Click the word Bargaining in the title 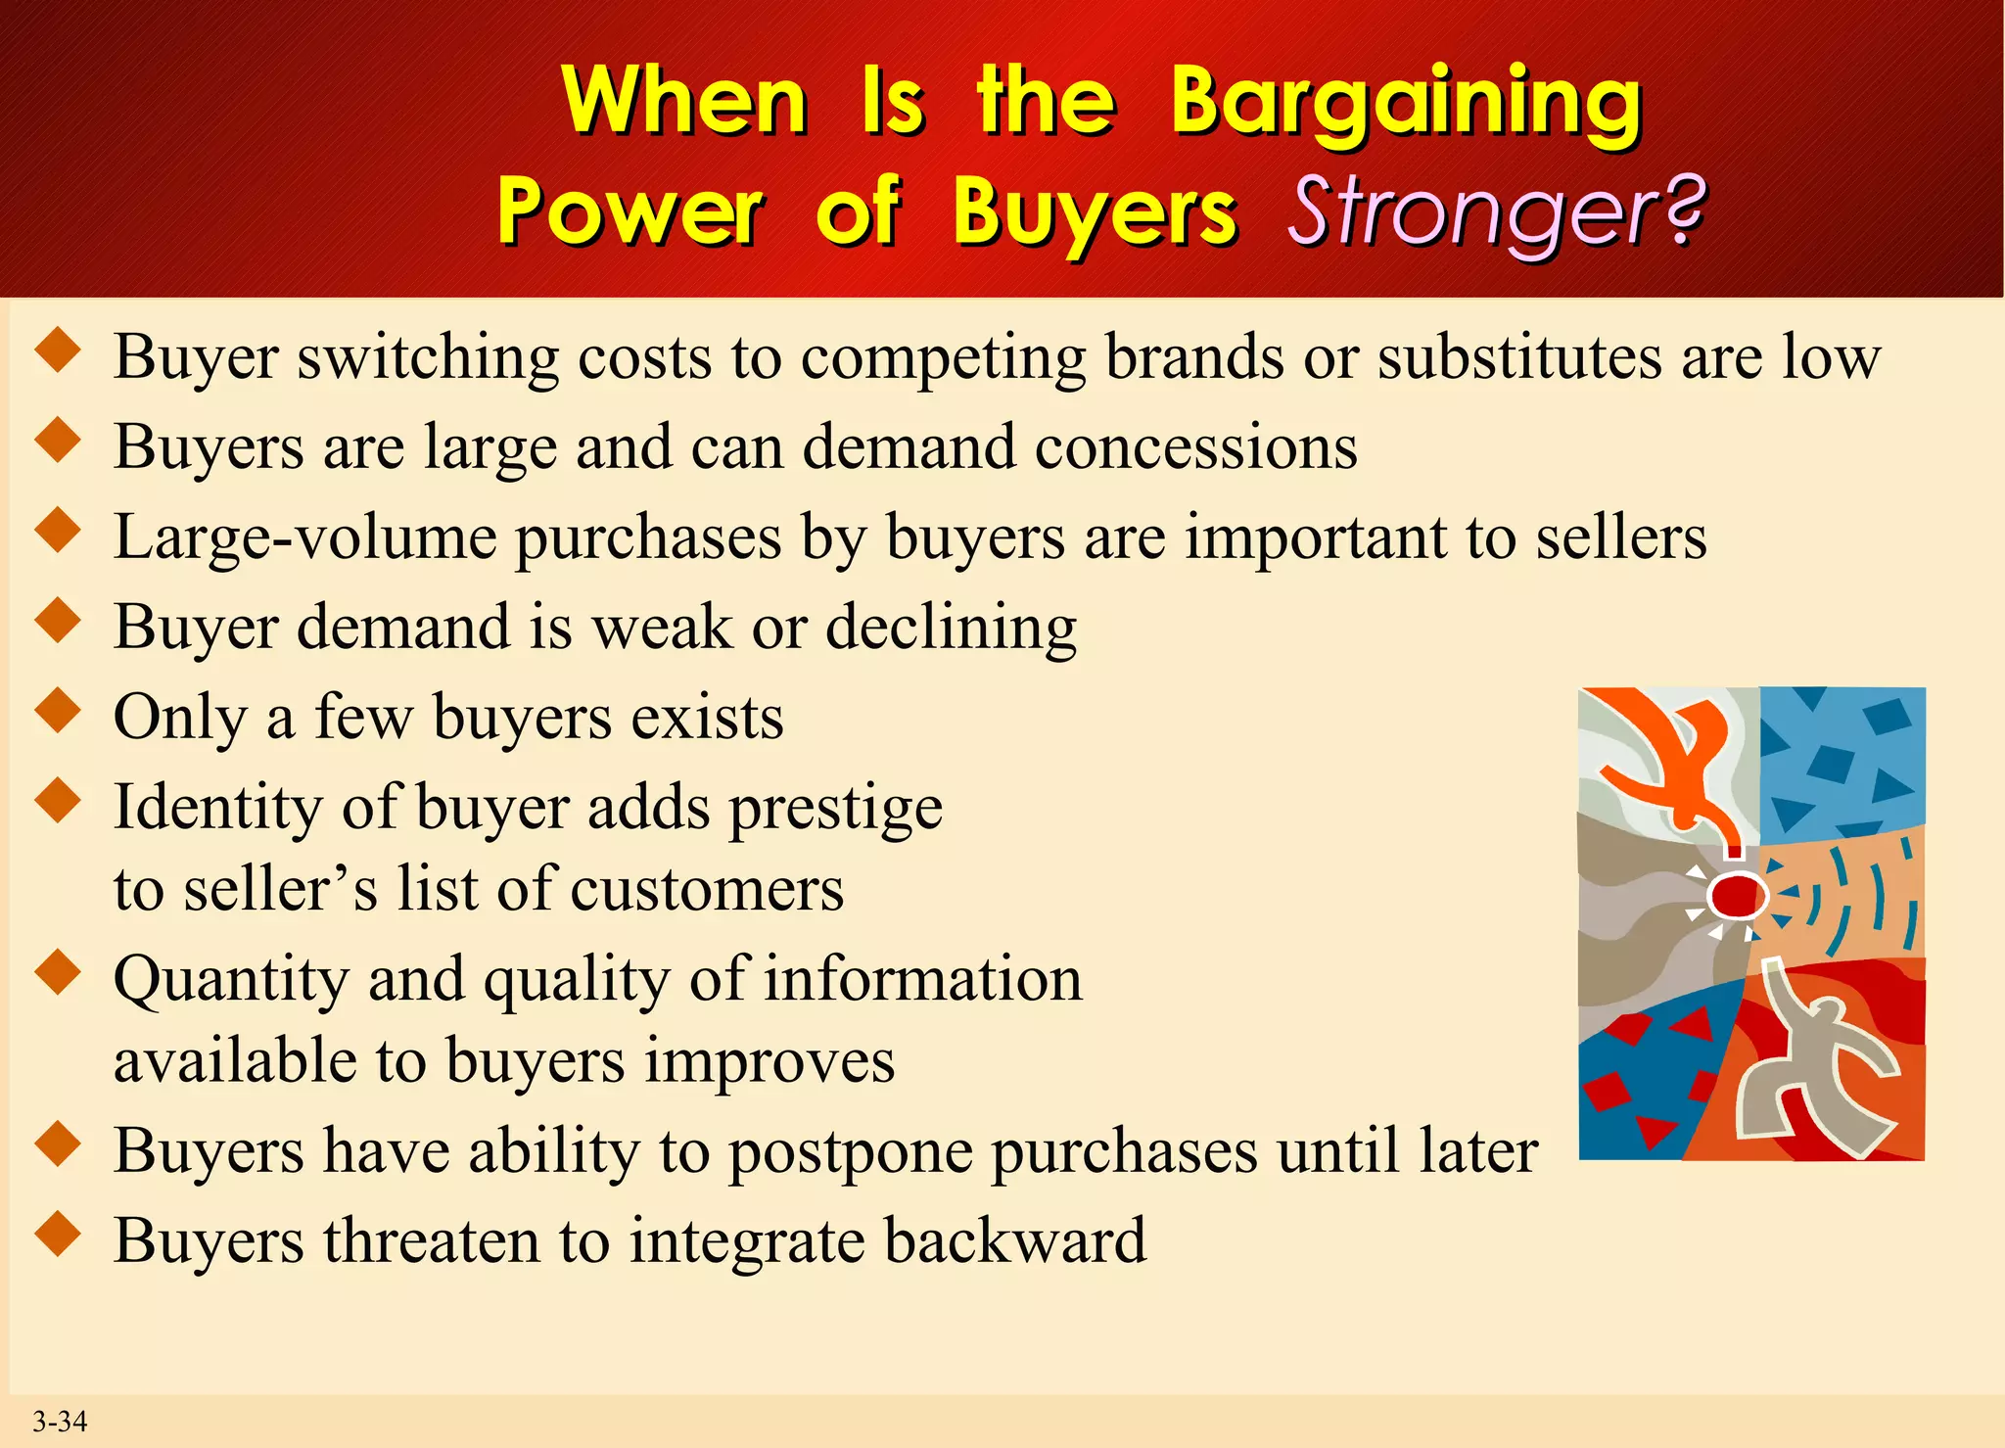pos(1406,103)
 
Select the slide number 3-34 pos(60,1422)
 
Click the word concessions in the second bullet pos(1195,447)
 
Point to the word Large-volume pos(304,537)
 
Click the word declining pos(951,628)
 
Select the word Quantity pos(231,979)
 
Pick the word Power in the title pos(630,212)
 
